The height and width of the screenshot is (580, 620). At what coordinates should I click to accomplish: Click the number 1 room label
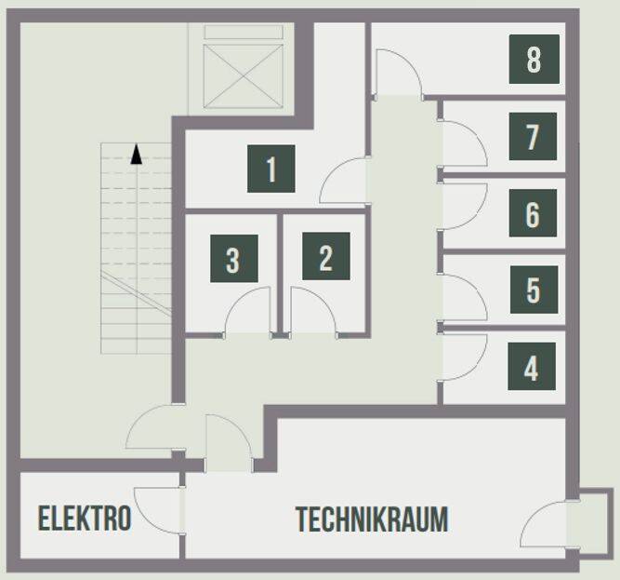[x=271, y=169]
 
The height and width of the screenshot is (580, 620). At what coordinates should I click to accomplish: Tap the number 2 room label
[x=326, y=256]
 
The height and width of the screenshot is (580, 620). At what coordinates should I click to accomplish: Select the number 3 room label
[x=234, y=259]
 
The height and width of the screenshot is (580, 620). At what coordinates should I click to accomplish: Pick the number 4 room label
[x=532, y=366]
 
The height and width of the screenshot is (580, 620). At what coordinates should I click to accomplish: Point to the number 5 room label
[x=534, y=290]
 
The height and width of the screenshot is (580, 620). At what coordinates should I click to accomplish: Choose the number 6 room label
[x=533, y=213]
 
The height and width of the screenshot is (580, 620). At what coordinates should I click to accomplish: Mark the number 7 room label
[x=533, y=136]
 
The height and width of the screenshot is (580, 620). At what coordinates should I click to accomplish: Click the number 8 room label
[x=534, y=59]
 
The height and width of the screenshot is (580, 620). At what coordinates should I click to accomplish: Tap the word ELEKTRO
[x=85, y=518]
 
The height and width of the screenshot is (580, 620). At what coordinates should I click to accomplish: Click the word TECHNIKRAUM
[x=372, y=519]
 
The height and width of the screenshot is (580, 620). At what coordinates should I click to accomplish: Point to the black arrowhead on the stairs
[x=137, y=154]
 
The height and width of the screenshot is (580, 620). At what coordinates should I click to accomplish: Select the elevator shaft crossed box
[x=244, y=76]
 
